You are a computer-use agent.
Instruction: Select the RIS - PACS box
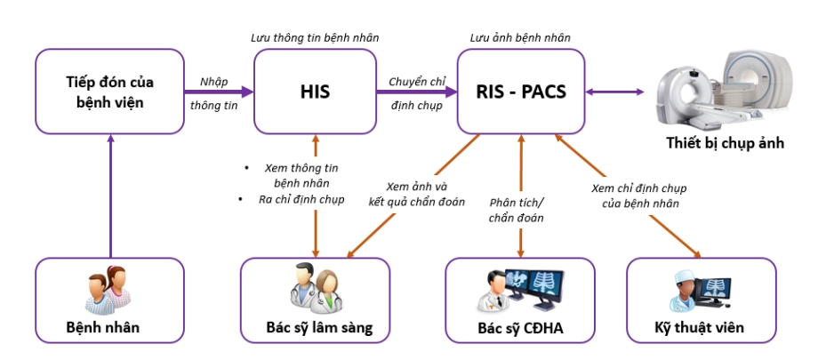[520, 91]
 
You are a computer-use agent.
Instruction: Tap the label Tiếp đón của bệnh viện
[109, 92]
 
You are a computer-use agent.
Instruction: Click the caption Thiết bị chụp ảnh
[726, 143]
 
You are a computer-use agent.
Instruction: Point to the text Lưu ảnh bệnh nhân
[520, 38]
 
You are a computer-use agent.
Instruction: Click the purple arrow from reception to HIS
[219, 91]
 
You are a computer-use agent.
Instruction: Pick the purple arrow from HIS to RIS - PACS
[418, 91]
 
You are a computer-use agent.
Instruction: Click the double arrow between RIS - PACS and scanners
[614, 91]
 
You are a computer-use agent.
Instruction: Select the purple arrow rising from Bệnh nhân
[109, 196]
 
